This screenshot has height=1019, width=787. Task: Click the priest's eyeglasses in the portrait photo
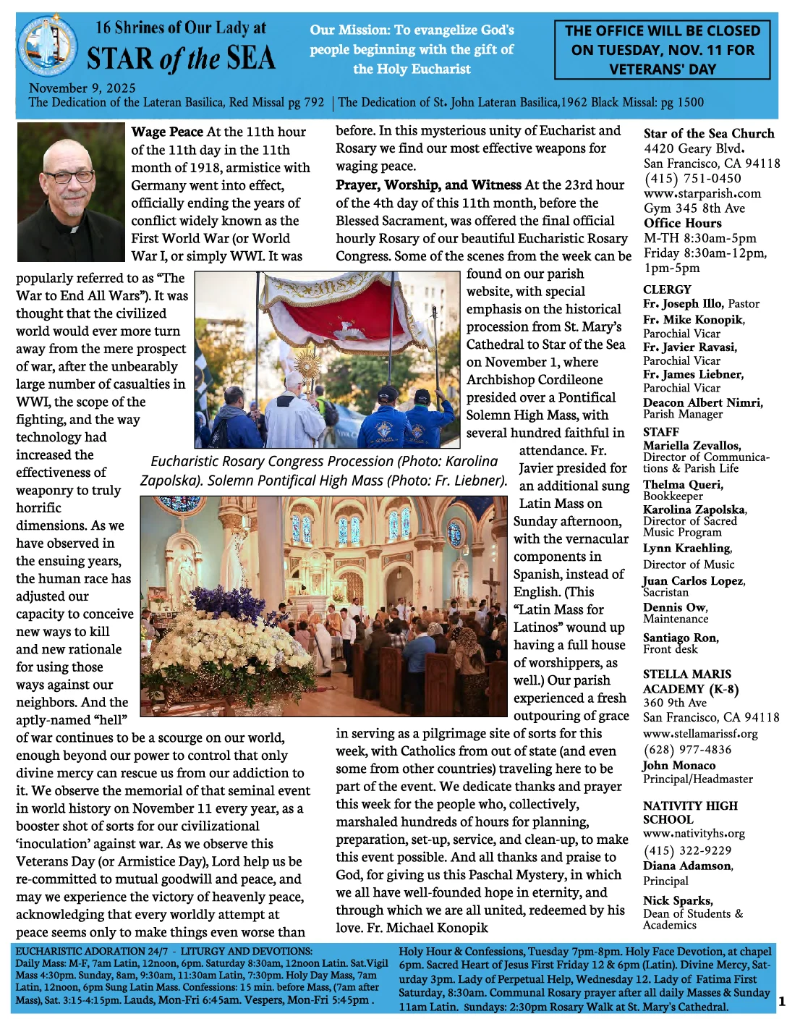(70, 177)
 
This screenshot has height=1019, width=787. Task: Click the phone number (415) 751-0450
(692, 178)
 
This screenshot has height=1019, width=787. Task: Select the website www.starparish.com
(702, 193)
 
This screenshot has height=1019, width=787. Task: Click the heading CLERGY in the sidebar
(667, 289)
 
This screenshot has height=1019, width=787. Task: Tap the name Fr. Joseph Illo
(683, 304)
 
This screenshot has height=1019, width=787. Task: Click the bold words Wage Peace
(167, 132)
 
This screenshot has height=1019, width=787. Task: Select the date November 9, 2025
(82, 88)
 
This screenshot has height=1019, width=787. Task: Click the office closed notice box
(662, 50)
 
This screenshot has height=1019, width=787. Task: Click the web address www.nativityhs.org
(693, 834)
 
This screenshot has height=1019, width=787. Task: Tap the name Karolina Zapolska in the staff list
(694, 509)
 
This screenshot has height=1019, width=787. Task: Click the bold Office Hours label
(682, 223)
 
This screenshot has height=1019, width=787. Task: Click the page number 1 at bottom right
(780, 1002)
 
